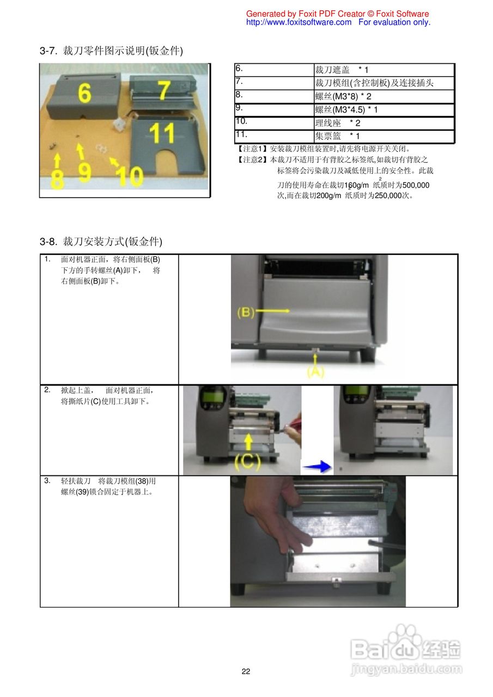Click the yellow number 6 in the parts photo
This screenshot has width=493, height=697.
pos(84,93)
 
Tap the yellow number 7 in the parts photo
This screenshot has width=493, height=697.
pos(164,90)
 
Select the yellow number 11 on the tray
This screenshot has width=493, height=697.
pos(162,133)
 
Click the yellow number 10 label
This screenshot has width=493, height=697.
pos(129,176)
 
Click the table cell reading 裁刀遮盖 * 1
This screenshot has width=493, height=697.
pos(384,70)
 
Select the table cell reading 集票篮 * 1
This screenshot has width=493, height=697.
pos(384,136)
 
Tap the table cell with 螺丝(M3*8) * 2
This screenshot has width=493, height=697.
pos(384,96)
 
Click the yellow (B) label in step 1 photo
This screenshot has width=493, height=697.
pos(246,313)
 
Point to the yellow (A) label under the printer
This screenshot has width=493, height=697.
pos(315,372)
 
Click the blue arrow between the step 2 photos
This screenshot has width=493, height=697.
pos(317,467)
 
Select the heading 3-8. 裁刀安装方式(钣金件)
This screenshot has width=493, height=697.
pos(101,241)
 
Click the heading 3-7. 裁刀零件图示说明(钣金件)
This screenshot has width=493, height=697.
pos(111,51)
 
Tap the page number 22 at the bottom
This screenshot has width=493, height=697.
pos(246,671)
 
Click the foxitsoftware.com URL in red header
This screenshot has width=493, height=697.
pos(299,22)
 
